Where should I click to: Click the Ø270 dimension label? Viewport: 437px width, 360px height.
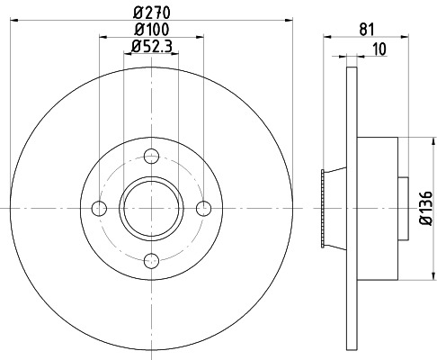(152, 12)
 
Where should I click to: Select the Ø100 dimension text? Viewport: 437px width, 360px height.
(152, 30)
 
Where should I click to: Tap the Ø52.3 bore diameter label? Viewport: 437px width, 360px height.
(152, 46)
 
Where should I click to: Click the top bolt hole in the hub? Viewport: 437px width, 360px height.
(152, 156)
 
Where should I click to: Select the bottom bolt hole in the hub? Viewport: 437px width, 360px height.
(152, 261)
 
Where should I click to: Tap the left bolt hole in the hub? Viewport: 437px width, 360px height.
(100, 209)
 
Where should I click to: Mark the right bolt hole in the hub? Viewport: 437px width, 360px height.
(204, 209)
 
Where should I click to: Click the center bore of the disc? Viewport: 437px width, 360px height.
(152, 209)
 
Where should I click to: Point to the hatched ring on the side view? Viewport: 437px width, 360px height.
(322, 209)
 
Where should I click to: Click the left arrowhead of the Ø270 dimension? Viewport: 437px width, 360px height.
(15, 21)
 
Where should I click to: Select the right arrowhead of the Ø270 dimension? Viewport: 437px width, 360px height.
(289, 21)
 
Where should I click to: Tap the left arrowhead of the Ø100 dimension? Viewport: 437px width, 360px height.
(102, 38)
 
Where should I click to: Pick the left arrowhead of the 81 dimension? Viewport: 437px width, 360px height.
(326, 38)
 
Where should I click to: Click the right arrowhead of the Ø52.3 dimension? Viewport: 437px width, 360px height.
(176, 54)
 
